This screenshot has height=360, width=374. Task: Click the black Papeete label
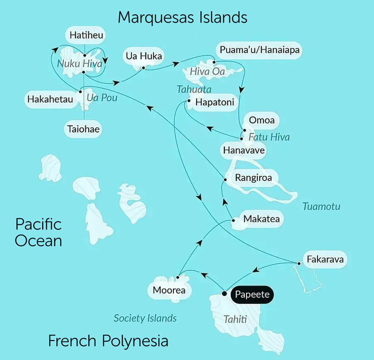[x=252, y=295]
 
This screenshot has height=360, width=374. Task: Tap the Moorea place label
[x=169, y=290]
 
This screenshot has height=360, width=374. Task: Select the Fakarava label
[x=325, y=259]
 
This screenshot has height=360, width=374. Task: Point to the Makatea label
[x=261, y=219]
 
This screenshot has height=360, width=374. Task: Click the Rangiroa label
[x=253, y=178]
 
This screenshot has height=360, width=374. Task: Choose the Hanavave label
[x=244, y=150]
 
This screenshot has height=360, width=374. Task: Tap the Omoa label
[x=262, y=120]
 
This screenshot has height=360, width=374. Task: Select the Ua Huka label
[x=144, y=56]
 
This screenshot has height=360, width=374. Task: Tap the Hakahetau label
[x=50, y=100]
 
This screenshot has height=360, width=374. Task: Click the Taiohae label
[x=83, y=129]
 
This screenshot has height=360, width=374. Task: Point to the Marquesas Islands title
[x=183, y=17]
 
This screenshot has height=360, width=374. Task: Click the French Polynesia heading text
[x=108, y=341]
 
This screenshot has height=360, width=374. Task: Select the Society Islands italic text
[x=145, y=318]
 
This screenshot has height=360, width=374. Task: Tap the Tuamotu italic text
[x=322, y=206]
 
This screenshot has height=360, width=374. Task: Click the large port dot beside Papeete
[x=224, y=293]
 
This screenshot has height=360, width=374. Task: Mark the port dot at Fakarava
[x=299, y=264]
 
